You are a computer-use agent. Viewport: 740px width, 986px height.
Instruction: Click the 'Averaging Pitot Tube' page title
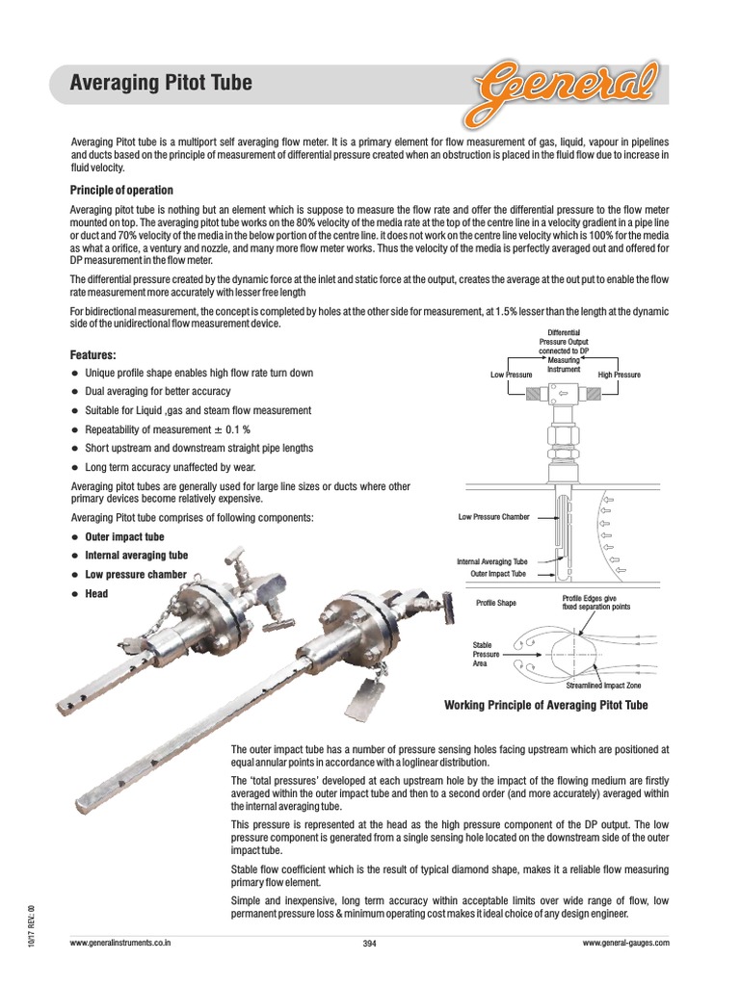click(x=162, y=83)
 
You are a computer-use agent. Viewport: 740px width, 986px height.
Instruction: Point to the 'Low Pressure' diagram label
click(x=511, y=375)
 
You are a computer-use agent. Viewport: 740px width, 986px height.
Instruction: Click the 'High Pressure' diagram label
click(x=619, y=375)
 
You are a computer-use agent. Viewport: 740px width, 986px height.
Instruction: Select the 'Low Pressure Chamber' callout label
click(x=494, y=517)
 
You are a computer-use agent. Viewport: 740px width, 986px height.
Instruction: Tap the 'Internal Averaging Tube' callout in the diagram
click(x=491, y=561)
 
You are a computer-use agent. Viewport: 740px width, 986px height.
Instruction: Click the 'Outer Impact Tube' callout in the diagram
click(x=498, y=574)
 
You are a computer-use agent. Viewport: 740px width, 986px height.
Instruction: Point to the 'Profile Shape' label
click(x=496, y=604)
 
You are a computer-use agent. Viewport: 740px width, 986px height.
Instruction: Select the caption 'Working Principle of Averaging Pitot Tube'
click(x=545, y=706)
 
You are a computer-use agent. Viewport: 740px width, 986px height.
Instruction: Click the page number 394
click(x=369, y=944)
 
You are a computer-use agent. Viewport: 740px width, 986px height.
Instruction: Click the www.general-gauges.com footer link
click(x=625, y=944)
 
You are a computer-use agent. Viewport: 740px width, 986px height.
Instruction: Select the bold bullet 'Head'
click(x=96, y=594)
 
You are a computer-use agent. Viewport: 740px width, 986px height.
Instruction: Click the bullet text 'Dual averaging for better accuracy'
click(x=158, y=392)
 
